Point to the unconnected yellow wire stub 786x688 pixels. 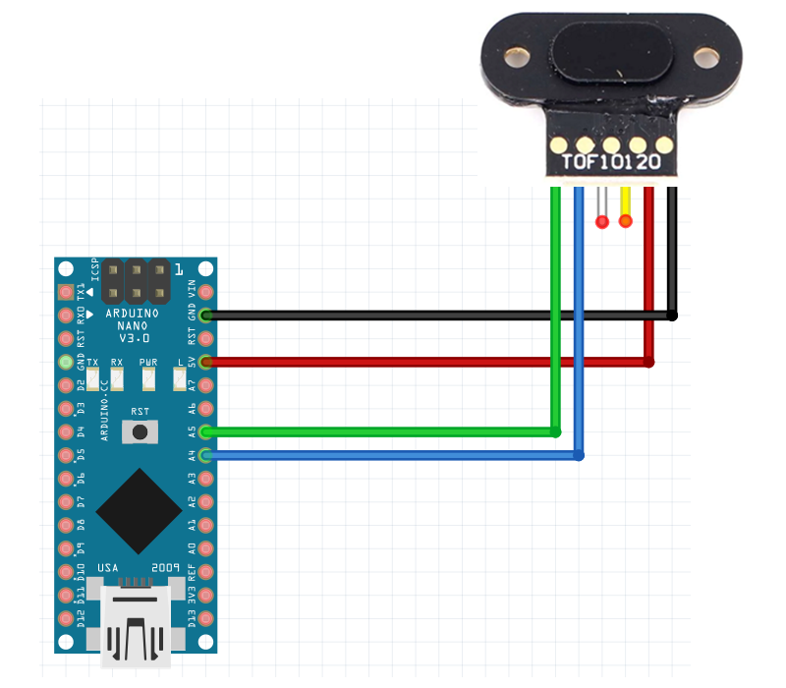626,205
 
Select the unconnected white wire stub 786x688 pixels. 602,205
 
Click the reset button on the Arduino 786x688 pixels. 140,430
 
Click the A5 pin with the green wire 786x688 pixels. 206,431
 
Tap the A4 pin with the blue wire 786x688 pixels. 206,455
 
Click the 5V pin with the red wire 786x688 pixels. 206,363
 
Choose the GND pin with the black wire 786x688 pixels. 206,315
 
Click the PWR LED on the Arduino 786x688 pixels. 148,375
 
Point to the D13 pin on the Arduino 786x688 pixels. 206,617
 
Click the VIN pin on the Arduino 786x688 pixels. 206,268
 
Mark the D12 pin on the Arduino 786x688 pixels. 66,617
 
